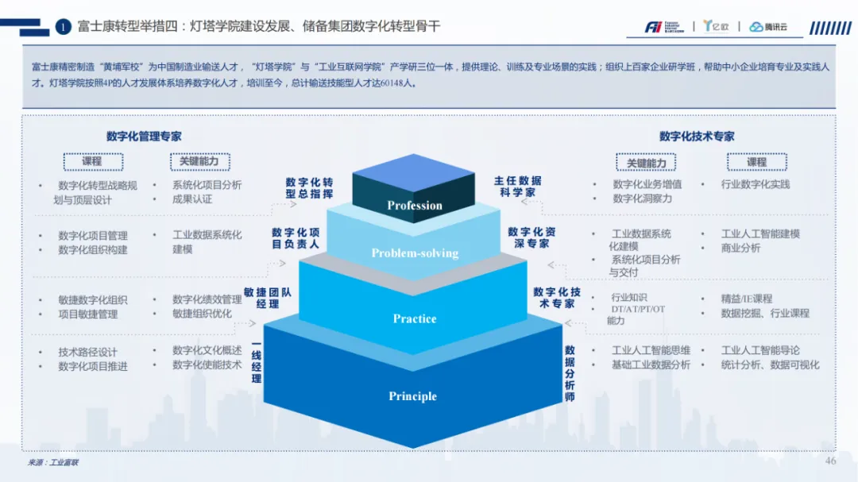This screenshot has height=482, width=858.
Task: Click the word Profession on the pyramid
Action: point(414,206)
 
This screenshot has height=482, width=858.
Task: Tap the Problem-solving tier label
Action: point(415,253)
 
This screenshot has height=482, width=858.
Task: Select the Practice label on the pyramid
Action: point(415,318)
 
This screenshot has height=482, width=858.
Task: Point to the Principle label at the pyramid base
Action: point(412,396)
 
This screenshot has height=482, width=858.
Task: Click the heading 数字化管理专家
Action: point(144,137)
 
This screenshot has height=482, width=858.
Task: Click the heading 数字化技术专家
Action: point(697,137)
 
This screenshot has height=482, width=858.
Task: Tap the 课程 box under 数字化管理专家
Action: point(92,161)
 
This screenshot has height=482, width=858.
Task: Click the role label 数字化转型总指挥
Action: point(310,188)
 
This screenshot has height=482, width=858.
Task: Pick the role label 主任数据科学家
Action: point(517,187)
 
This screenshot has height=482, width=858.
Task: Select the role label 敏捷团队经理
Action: point(268,298)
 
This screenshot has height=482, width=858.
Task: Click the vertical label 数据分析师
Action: point(570,373)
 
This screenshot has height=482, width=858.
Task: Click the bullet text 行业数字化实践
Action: point(756,184)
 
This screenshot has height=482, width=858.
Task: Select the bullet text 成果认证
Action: point(192,199)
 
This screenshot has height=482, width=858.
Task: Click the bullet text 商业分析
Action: point(740,248)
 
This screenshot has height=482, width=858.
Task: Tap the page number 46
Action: point(831,461)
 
